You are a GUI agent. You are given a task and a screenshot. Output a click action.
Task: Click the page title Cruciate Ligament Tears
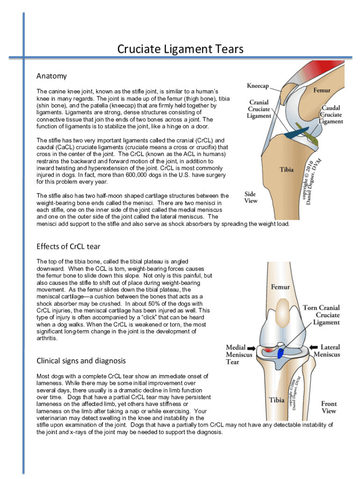coord(180,49)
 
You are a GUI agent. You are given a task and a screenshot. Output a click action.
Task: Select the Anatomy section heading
coord(51,76)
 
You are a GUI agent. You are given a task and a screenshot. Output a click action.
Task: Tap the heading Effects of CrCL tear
coord(68,247)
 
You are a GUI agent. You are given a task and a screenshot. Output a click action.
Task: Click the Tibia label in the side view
coord(287,170)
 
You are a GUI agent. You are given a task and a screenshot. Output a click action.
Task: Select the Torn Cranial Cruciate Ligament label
coord(321,315)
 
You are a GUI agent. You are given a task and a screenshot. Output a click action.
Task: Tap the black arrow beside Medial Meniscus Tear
coord(252,348)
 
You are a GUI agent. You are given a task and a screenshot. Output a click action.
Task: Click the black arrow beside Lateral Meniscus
coord(312,348)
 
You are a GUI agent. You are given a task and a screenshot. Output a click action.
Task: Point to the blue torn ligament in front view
coord(281,354)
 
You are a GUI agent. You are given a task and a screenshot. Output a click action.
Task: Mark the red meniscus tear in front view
coord(267,350)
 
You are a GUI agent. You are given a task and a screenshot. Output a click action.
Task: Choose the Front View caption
coord(329,407)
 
